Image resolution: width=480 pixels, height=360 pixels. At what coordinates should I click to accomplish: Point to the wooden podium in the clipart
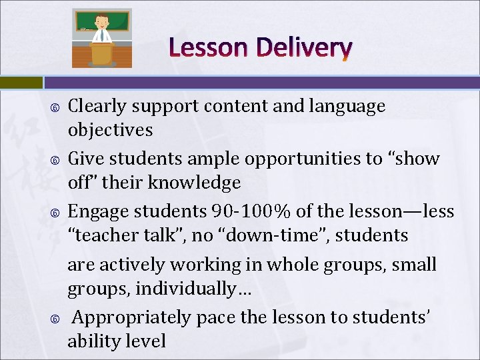[102, 53]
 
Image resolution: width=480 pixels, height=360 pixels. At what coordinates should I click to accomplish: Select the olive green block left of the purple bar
[21, 83]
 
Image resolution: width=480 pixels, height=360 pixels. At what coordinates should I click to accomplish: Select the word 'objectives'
[110, 130]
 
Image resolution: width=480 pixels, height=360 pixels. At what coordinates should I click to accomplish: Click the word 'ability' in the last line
[93, 341]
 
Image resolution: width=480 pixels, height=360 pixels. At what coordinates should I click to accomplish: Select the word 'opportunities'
[307, 159]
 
